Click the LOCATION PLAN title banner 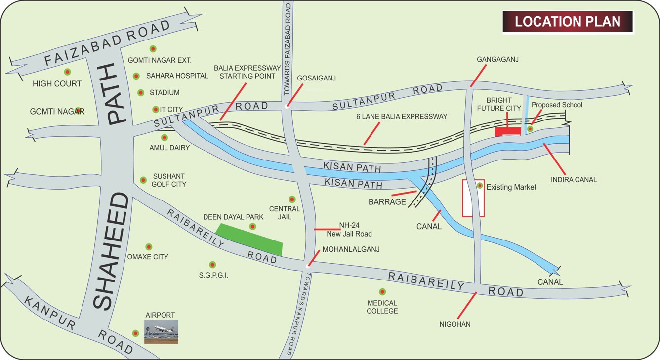pos(568,22)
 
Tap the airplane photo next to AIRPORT pos(161,332)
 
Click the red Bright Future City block pos(508,131)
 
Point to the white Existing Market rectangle pos(473,198)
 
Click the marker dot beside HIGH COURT pos(67,72)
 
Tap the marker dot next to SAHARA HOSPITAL pos(136,76)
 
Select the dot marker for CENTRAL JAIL pos(292,199)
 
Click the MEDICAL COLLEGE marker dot pos(382,292)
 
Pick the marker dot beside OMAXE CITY pos(149,246)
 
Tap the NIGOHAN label pos(455,324)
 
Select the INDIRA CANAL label pos(575,180)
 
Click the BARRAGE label pos(387,201)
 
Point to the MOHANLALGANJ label pos(351,249)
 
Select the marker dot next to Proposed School pos(530,129)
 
